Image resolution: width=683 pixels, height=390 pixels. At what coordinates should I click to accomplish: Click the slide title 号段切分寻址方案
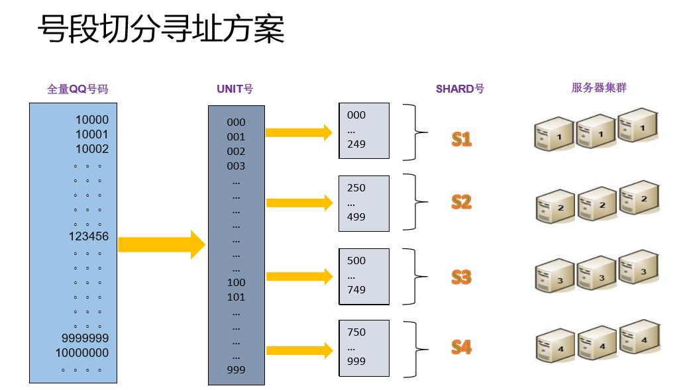(161, 30)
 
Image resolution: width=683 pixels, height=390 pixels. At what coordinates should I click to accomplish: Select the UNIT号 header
(235, 89)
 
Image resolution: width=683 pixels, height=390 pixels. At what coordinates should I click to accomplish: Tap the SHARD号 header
(460, 89)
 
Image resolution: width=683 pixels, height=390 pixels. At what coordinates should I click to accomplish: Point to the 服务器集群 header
(599, 87)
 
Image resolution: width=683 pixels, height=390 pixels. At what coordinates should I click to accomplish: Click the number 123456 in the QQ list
(88, 236)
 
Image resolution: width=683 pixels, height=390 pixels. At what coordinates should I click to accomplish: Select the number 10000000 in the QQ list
(81, 353)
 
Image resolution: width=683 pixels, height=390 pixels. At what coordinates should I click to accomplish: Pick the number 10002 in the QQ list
(91, 149)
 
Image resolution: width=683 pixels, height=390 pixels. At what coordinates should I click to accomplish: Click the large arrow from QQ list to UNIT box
(162, 244)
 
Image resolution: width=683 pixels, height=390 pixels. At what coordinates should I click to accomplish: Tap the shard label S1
(461, 139)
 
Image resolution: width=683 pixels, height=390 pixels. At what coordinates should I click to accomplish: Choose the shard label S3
(461, 277)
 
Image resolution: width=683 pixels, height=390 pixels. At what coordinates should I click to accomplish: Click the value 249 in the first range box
(356, 144)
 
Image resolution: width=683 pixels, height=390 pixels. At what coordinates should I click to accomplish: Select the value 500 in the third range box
(356, 260)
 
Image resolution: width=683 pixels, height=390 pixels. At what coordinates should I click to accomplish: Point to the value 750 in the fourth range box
(356, 332)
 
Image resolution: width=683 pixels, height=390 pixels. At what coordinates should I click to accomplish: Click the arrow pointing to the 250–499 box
(298, 203)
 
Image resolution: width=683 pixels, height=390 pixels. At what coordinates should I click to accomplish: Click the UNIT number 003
(236, 166)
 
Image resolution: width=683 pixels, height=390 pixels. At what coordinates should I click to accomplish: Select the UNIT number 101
(236, 297)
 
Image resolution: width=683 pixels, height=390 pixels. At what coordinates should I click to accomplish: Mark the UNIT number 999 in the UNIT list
(236, 369)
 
